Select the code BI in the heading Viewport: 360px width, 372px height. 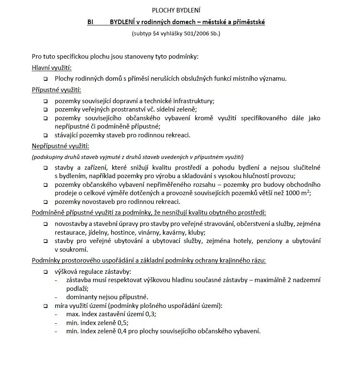(x=90, y=22)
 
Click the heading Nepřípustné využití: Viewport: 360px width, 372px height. (x=60, y=146)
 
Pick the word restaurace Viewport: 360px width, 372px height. (x=69, y=233)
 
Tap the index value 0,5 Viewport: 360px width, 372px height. (x=123, y=322)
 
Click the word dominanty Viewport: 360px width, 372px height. (x=81, y=297)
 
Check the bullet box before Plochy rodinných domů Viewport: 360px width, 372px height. (x=45, y=78)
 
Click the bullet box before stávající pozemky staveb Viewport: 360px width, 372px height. (x=45, y=135)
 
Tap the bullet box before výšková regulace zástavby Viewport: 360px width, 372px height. (x=45, y=272)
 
